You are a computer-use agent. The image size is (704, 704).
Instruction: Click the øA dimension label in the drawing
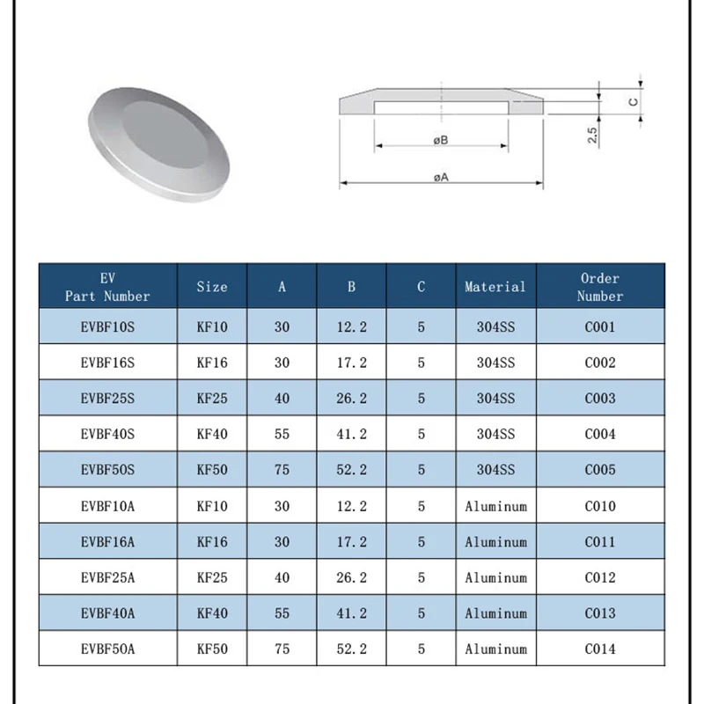point(441,178)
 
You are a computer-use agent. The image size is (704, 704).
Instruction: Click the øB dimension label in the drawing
point(441,141)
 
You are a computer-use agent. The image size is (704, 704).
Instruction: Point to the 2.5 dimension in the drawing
point(592,136)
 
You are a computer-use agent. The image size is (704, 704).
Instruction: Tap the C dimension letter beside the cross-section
point(634,102)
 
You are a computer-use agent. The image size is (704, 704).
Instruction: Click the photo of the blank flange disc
point(159,144)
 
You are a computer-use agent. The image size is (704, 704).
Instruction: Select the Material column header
point(495,287)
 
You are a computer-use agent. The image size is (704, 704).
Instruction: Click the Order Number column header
point(600,287)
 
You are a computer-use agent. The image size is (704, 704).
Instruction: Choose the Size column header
point(212,287)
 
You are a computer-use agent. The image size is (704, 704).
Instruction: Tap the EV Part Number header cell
point(107,287)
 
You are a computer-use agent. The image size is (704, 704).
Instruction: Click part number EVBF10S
point(107,326)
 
